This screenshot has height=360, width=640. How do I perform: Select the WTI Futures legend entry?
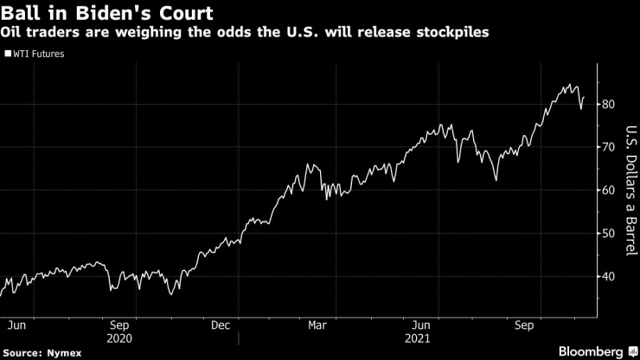pos(40,54)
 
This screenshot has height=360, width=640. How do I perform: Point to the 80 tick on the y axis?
pos(611,105)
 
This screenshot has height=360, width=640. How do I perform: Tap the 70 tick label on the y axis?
pos(611,148)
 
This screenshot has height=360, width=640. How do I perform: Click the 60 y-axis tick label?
pos(611,190)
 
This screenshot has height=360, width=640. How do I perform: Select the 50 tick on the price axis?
pos(611,234)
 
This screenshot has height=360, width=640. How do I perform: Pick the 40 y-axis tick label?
pos(611,277)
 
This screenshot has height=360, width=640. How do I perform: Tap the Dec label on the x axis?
pos(221,326)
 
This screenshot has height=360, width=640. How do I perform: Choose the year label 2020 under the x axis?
pos(121,338)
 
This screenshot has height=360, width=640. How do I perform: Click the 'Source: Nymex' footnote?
pos(39,352)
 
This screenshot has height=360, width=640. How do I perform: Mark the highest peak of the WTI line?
pos(571,84)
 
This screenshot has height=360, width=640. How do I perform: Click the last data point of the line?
pos(584,98)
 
